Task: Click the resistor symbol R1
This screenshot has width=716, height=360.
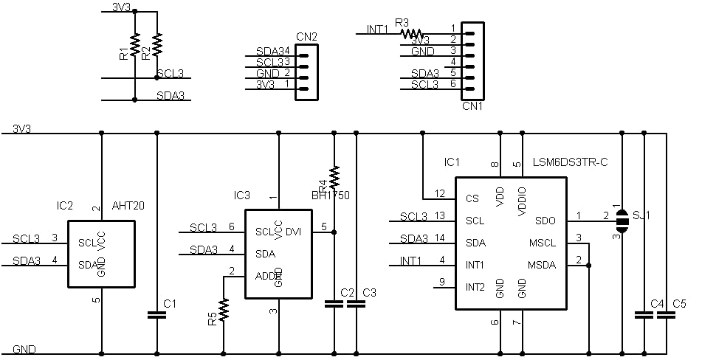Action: pos(135,44)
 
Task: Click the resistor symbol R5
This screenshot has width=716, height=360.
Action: pos(224,309)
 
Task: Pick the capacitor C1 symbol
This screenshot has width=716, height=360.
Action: pos(156,314)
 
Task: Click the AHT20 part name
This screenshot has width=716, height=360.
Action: pos(128,206)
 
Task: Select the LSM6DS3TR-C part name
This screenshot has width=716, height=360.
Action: pos(570,162)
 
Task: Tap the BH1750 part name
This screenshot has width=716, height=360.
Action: pos(331,195)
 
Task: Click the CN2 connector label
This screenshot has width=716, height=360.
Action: pos(306,37)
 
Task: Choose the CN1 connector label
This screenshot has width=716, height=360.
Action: pos(472,105)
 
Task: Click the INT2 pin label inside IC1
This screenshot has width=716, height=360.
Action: pos(475,286)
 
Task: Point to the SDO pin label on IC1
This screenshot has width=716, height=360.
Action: pos(545,220)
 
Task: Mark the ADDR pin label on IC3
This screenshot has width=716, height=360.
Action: pos(269,275)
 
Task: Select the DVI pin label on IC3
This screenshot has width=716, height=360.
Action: pos(293,231)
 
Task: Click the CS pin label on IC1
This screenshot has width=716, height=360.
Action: pos(472,198)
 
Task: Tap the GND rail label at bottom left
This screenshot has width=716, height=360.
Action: pos(24,348)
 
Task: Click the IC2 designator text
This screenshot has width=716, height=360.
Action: pos(65,206)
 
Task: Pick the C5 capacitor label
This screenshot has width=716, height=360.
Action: pos(680,304)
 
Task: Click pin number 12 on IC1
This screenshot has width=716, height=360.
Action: pos(440,193)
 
